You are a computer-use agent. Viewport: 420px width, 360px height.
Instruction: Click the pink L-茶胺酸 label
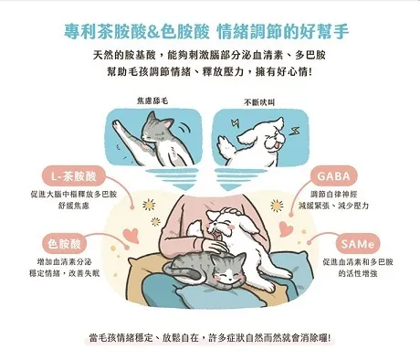(x=73, y=176)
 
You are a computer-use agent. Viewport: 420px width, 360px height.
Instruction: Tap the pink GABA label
(x=334, y=176)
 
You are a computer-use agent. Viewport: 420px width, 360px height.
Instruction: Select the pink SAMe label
(x=357, y=244)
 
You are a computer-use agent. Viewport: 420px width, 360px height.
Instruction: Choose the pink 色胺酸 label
(x=64, y=244)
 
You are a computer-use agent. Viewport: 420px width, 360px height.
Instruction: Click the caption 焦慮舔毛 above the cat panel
(x=152, y=101)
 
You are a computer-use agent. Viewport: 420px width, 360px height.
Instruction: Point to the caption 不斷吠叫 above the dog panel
(x=259, y=102)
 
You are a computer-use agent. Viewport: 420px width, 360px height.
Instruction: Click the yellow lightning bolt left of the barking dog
(x=236, y=123)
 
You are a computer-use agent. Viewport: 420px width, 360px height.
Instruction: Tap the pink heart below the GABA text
(x=285, y=228)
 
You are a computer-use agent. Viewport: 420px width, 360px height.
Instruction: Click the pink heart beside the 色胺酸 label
(x=131, y=235)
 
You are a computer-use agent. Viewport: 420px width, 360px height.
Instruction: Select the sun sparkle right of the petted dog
(x=277, y=206)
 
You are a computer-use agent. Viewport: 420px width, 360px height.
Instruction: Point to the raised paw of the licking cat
(x=117, y=125)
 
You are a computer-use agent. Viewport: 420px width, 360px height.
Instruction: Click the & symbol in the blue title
(x=153, y=31)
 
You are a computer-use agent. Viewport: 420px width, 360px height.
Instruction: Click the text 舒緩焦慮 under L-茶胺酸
(x=74, y=206)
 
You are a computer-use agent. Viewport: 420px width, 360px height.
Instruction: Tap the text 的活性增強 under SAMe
(x=358, y=273)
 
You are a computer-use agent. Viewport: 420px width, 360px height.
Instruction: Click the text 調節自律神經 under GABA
(x=334, y=194)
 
